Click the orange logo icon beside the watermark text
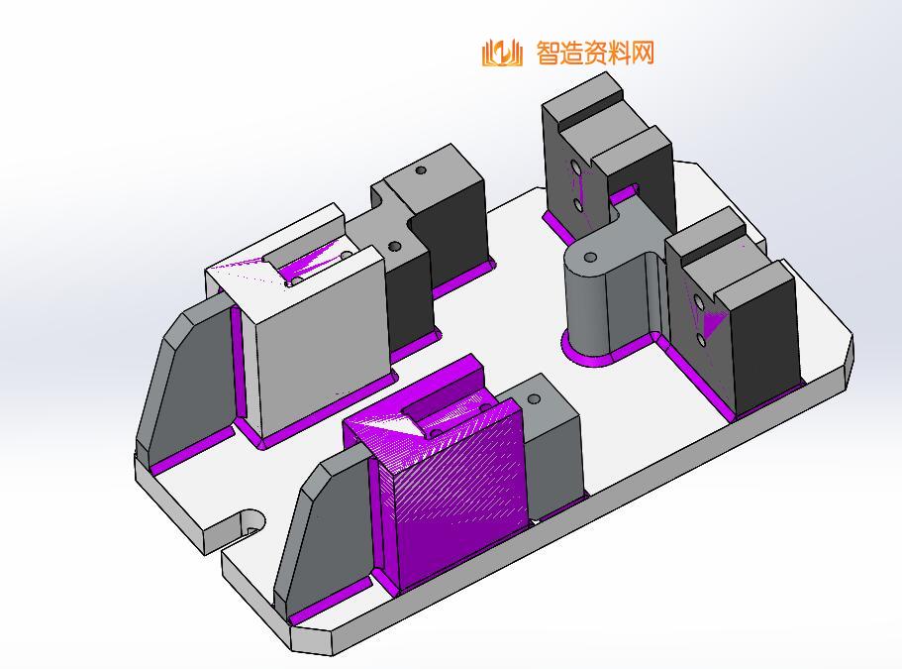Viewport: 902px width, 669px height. pyautogui.click(x=501, y=53)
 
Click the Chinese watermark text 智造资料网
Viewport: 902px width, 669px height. pyautogui.click(x=595, y=53)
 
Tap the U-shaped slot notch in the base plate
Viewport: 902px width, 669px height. pyautogui.click(x=248, y=524)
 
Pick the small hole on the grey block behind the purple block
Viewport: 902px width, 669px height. pyautogui.click(x=535, y=399)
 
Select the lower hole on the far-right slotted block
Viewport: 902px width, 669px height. pyautogui.click(x=701, y=340)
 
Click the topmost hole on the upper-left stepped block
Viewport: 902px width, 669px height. pyautogui.click(x=421, y=170)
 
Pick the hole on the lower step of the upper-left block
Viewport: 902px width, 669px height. pyautogui.click(x=395, y=245)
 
